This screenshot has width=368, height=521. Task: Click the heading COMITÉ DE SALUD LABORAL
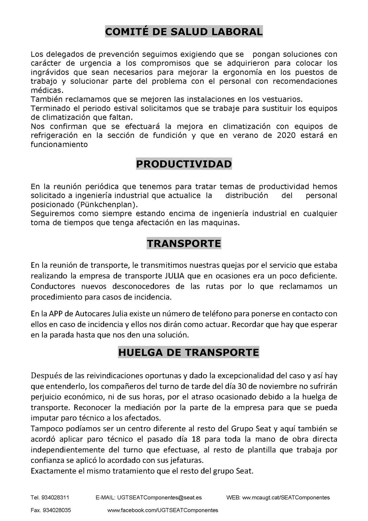tap(184, 32)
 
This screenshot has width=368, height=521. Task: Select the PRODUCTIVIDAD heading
tap(184, 164)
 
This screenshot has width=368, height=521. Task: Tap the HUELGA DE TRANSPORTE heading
tap(188, 352)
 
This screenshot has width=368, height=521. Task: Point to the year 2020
tap(286, 135)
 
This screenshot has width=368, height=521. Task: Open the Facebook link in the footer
tap(163, 510)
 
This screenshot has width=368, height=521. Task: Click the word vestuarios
tap(281, 99)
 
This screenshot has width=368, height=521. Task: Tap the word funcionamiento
tap(59, 144)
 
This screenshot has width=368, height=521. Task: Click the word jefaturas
tap(187, 460)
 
